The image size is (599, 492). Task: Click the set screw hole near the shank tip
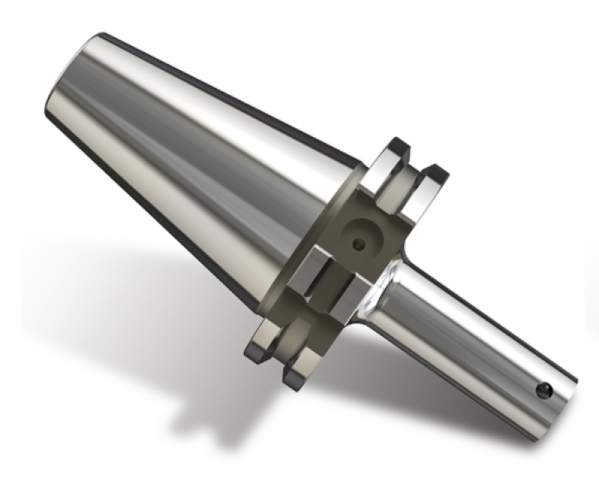(542, 391)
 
